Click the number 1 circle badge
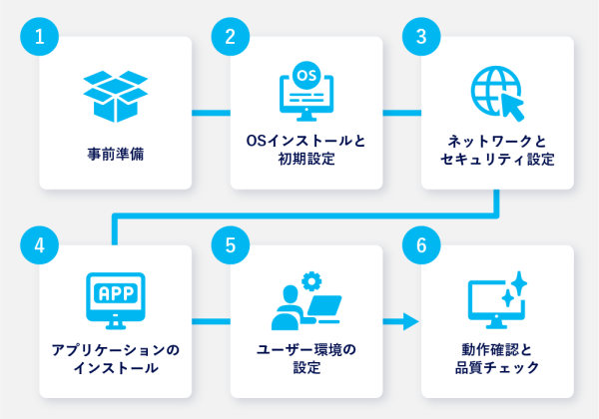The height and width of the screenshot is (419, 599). coord(39,38)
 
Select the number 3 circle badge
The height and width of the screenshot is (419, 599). coord(421,38)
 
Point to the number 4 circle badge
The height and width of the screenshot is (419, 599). coord(39,245)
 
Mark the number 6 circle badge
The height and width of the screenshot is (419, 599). coord(421,245)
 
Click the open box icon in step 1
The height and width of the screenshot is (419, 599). coord(115,96)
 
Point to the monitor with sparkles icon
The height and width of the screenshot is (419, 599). coord(496,301)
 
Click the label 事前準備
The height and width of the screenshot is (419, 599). coord(115,155)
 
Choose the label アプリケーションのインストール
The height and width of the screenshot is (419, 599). coord(115,358)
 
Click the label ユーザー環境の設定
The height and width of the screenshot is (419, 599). coord(305,358)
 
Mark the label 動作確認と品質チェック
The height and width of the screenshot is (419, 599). coord(496,358)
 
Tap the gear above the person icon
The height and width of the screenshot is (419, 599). coord(310,280)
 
